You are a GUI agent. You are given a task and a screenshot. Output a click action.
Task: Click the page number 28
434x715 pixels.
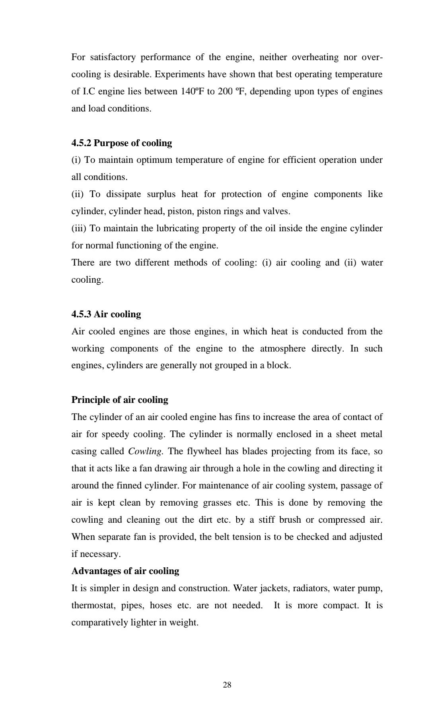227,685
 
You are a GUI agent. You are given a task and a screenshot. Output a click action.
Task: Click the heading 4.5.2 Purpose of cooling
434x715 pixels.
121,143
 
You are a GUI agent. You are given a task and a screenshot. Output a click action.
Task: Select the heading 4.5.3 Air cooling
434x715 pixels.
106,314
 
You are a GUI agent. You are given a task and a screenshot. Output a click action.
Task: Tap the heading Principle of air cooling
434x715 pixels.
119,400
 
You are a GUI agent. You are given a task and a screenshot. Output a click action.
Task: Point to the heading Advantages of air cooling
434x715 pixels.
125,571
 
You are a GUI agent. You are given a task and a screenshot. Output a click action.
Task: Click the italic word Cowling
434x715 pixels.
145,451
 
